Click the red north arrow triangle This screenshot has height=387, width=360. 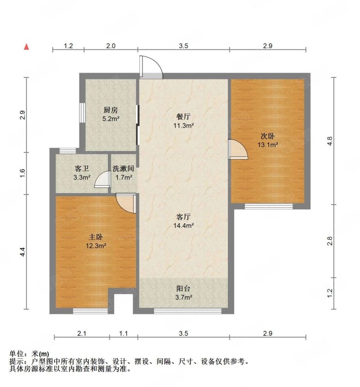(x=27, y=46)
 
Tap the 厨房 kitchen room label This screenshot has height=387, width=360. (x=111, y=110)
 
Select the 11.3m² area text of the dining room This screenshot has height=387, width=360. (x=183, y=125)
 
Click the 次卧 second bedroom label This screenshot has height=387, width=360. (x=268, y=136)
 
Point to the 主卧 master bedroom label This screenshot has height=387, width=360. (x=96, y=237)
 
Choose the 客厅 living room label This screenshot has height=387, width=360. (x=183, y=217)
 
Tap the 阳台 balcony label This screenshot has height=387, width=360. (x=183, y=288)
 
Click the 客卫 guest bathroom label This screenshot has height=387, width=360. (x=82, y=168)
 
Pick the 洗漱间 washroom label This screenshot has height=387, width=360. (x=123, y=168)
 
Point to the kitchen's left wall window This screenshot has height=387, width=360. (x=82, y=112)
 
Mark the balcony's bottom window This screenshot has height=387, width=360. (x=188, y=311)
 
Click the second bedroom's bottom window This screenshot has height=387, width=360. (x=269, y=206)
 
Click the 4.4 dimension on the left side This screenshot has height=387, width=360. (x=23, y=252)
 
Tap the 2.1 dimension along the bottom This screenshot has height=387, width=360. (x=82, y=333)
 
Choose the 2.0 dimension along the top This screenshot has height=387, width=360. (x=111, y=46)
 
